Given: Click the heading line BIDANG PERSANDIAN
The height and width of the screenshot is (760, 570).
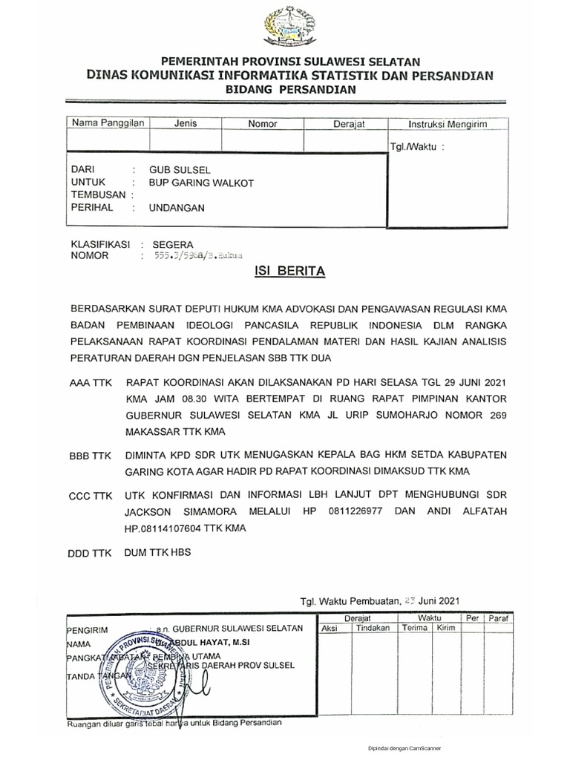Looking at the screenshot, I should click(x=291, y=89).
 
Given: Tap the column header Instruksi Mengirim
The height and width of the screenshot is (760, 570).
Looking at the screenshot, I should click(x=438, y=125).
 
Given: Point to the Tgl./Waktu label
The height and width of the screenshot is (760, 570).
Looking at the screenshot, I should click(x=416, y=146).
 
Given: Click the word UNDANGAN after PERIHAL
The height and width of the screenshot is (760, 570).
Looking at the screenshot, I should click(x=177, y=208).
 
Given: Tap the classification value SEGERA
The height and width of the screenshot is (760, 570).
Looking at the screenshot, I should click(x=172, y=244).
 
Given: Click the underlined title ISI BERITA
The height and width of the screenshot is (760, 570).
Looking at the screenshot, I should click(x=289, y=272).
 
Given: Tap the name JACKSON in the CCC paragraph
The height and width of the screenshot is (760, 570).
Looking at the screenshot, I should click(x=151, y=511).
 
